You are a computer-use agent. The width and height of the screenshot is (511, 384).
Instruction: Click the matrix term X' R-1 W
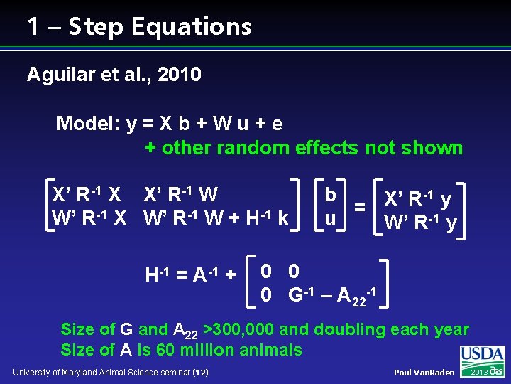pyautogui.click(x=181, y=195)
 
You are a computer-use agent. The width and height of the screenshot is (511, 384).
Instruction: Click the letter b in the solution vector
pyautogui.click(x=330, y=194)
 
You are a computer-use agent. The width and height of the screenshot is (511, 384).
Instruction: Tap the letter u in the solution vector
pyautogui.click(x=330, y=218)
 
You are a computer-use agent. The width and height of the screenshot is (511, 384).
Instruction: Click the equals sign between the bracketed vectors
pyautogui.click(x=360, y=207)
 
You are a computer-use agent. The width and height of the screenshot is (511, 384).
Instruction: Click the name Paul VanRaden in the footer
pyautogui.click(x=424, y=373)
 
